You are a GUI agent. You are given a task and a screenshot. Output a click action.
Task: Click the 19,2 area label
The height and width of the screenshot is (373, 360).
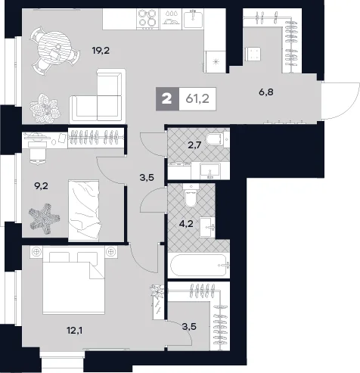coord(101,51)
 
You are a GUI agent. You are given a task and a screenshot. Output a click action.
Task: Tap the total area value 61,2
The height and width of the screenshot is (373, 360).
coord(197,99)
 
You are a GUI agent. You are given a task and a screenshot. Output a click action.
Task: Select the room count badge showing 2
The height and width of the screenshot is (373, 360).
coord(167,99)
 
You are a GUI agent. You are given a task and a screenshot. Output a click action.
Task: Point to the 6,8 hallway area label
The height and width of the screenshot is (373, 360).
coord(266,92)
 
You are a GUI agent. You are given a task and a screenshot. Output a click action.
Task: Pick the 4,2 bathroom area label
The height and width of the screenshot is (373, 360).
coord(186,223)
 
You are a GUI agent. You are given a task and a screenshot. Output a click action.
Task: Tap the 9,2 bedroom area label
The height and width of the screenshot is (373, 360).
coord(41,186)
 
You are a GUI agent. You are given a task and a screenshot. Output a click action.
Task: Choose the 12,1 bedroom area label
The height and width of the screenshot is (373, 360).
coord(75,330)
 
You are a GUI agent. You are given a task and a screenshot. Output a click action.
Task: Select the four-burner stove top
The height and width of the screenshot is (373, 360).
coord(147,18)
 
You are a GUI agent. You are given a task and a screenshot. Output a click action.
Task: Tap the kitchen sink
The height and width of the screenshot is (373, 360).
coord(193,18)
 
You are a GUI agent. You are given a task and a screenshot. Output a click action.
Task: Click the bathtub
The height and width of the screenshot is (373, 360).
coord(199,265)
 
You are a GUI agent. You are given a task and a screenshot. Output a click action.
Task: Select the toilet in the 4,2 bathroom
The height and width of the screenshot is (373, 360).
coord(191,196)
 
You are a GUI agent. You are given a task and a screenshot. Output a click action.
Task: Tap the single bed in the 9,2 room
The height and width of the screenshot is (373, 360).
coord(84,210)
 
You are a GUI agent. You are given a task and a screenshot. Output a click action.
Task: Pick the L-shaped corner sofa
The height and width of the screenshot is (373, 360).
coord(98,96)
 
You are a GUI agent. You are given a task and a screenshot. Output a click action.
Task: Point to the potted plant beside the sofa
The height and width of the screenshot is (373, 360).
coord(45,108)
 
